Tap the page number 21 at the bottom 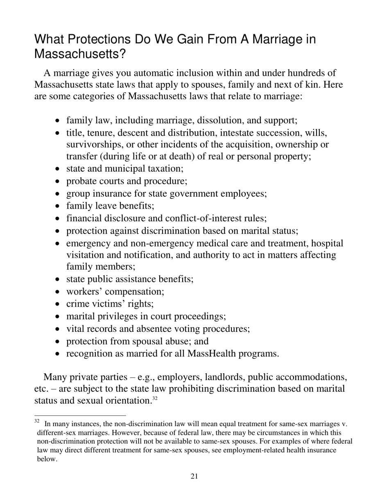tap(194, 476)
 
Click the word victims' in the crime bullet tap(113, 304)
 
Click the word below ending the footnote tap(46, 459)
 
